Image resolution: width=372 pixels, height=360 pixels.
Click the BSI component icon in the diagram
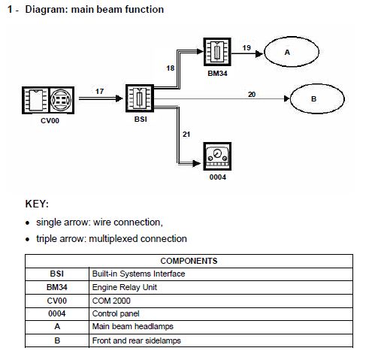click(140, 98)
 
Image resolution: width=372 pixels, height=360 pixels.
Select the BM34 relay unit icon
click(217, 52)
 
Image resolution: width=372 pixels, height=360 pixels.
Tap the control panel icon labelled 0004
click(217, 156)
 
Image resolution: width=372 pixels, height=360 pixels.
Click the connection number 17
click(99, 92)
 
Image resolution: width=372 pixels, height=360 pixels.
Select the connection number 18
click(171, 68)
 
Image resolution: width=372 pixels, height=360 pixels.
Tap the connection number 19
click(246, 47)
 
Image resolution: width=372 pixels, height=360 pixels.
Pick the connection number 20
click(252, 95)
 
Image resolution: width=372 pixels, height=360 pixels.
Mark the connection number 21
click(186, 135)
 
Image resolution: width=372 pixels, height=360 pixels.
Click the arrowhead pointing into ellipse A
click(259, 53)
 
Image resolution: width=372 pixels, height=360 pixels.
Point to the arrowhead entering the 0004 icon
click(197, 164)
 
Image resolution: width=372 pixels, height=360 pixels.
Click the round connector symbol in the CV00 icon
click(61, 100)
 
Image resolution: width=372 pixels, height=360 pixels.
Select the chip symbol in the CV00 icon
click(36, 100)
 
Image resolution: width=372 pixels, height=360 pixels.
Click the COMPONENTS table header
click(189, 261)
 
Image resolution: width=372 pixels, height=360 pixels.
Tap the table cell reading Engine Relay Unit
click(125, 287)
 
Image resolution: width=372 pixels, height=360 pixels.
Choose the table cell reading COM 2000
click(111, 301)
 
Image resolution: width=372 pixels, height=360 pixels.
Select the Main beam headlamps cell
click(133, 326)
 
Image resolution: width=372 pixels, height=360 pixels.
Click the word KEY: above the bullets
click(37, 204)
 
